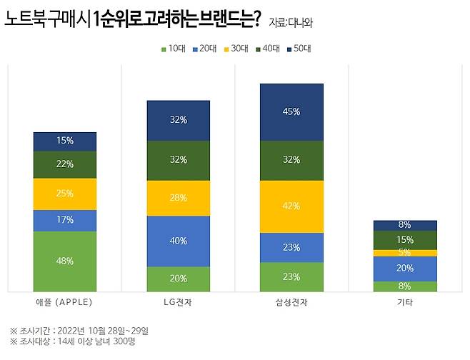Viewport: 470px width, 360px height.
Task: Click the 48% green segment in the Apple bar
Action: pos(65,261)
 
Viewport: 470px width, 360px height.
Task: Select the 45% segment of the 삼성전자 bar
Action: pos(291,111)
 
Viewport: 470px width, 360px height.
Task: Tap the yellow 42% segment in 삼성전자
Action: pos(291,206)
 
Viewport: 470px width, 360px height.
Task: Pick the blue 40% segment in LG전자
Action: pos(179,241)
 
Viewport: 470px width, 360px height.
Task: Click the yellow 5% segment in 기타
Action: pos(405,252)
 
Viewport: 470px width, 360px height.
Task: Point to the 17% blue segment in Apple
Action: pos(65,220)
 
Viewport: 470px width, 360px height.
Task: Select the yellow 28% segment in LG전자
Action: pos(179,198)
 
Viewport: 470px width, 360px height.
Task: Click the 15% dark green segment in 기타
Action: pos(405,239)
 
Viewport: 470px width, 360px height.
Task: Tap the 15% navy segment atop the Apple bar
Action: pos(65,141)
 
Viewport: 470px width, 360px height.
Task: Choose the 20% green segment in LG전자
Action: pos(179,279)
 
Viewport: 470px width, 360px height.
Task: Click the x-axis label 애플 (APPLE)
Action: pos(64,302)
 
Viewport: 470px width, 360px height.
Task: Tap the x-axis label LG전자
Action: pos(179,302)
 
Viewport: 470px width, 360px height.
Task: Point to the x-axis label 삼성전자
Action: pos(291,302)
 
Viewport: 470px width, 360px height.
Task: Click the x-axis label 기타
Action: pos(405,302)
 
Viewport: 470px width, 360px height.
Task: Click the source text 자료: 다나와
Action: pos(291,22)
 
